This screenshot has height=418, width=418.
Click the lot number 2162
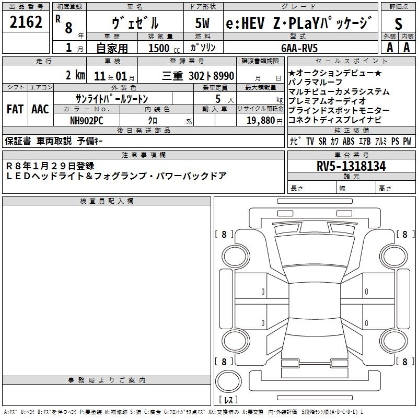(x=26, y=22)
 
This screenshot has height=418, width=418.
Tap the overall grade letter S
(x=398, y=24)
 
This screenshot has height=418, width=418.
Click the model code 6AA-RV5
(x=299, y=48)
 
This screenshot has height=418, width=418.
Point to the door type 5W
(x=202, y=23)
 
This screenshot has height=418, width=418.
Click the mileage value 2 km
(x=75, y=75)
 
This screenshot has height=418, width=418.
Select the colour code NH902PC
(x=86, y=121)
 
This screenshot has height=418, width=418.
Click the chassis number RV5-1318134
(x=351, y=166)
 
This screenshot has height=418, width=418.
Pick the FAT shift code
(x=15, y=109)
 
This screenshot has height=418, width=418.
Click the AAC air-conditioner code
(x=40, y=109)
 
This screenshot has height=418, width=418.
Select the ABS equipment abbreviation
(x=349, y=141)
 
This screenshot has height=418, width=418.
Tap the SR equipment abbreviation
(x=322, y=141)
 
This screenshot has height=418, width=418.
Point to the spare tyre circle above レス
(x=228, y=381)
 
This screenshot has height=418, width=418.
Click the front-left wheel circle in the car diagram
(x=236, y=257)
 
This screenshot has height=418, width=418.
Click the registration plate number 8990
(x=224, y=76)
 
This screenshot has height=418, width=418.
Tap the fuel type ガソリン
(x=203, y=48)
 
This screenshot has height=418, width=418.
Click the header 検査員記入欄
(x=107, y=201)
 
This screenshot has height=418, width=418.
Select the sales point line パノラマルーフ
(x=316, y=82)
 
